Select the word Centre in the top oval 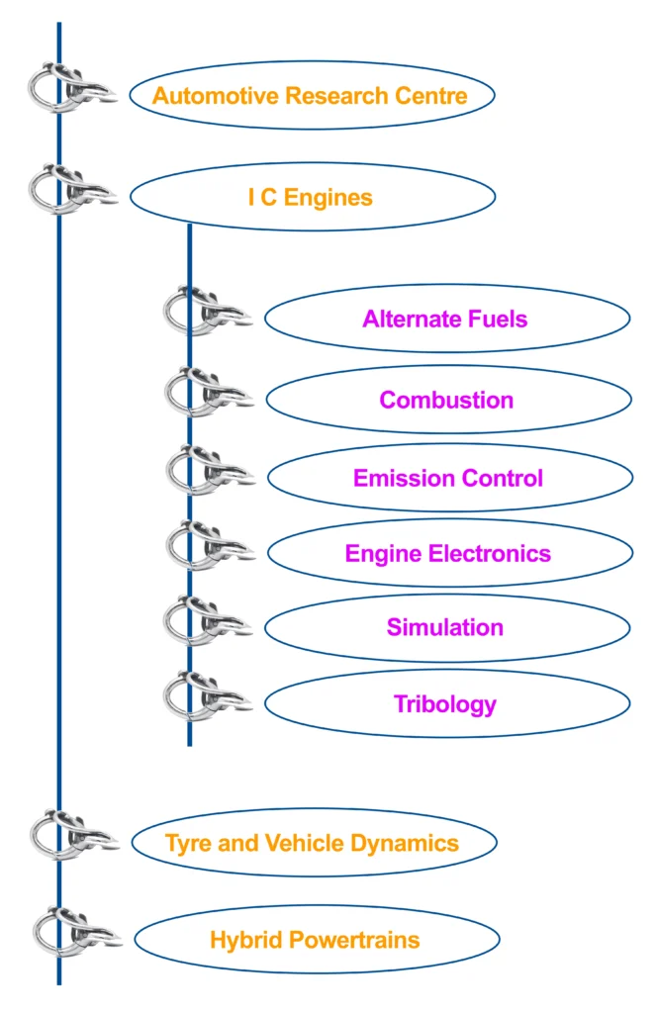430,96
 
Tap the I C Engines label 310,198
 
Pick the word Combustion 446,400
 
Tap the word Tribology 445,704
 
